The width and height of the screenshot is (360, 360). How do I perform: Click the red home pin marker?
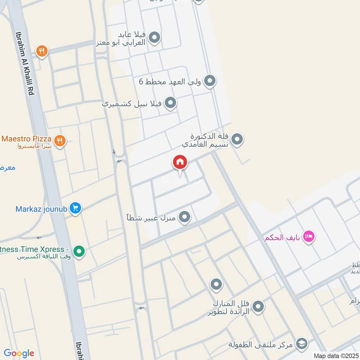(x=180, y=162)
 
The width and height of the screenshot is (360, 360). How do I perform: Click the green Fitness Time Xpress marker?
(x=79, y=251)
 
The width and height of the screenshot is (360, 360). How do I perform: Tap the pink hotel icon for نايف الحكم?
(x=308, y=236)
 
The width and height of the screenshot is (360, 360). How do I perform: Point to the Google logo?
(x=19, y=353)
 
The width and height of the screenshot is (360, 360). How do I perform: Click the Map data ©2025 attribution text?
(x=337, y=356)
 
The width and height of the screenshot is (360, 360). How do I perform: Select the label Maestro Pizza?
(x=26, y=138)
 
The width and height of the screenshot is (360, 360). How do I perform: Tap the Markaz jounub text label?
(x=41, y=209)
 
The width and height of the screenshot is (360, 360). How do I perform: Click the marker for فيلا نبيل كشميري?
(x=170, y=103)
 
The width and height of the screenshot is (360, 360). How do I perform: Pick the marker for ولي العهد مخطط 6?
(x=209, y=81)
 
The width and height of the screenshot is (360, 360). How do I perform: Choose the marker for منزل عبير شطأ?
(x=184, y=218)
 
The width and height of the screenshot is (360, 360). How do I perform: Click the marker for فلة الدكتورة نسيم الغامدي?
(x=237, y=139)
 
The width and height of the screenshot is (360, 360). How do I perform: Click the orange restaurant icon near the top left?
(x=42, y=51)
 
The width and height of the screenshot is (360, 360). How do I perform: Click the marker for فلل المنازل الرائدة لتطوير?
(x=258, y=307)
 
